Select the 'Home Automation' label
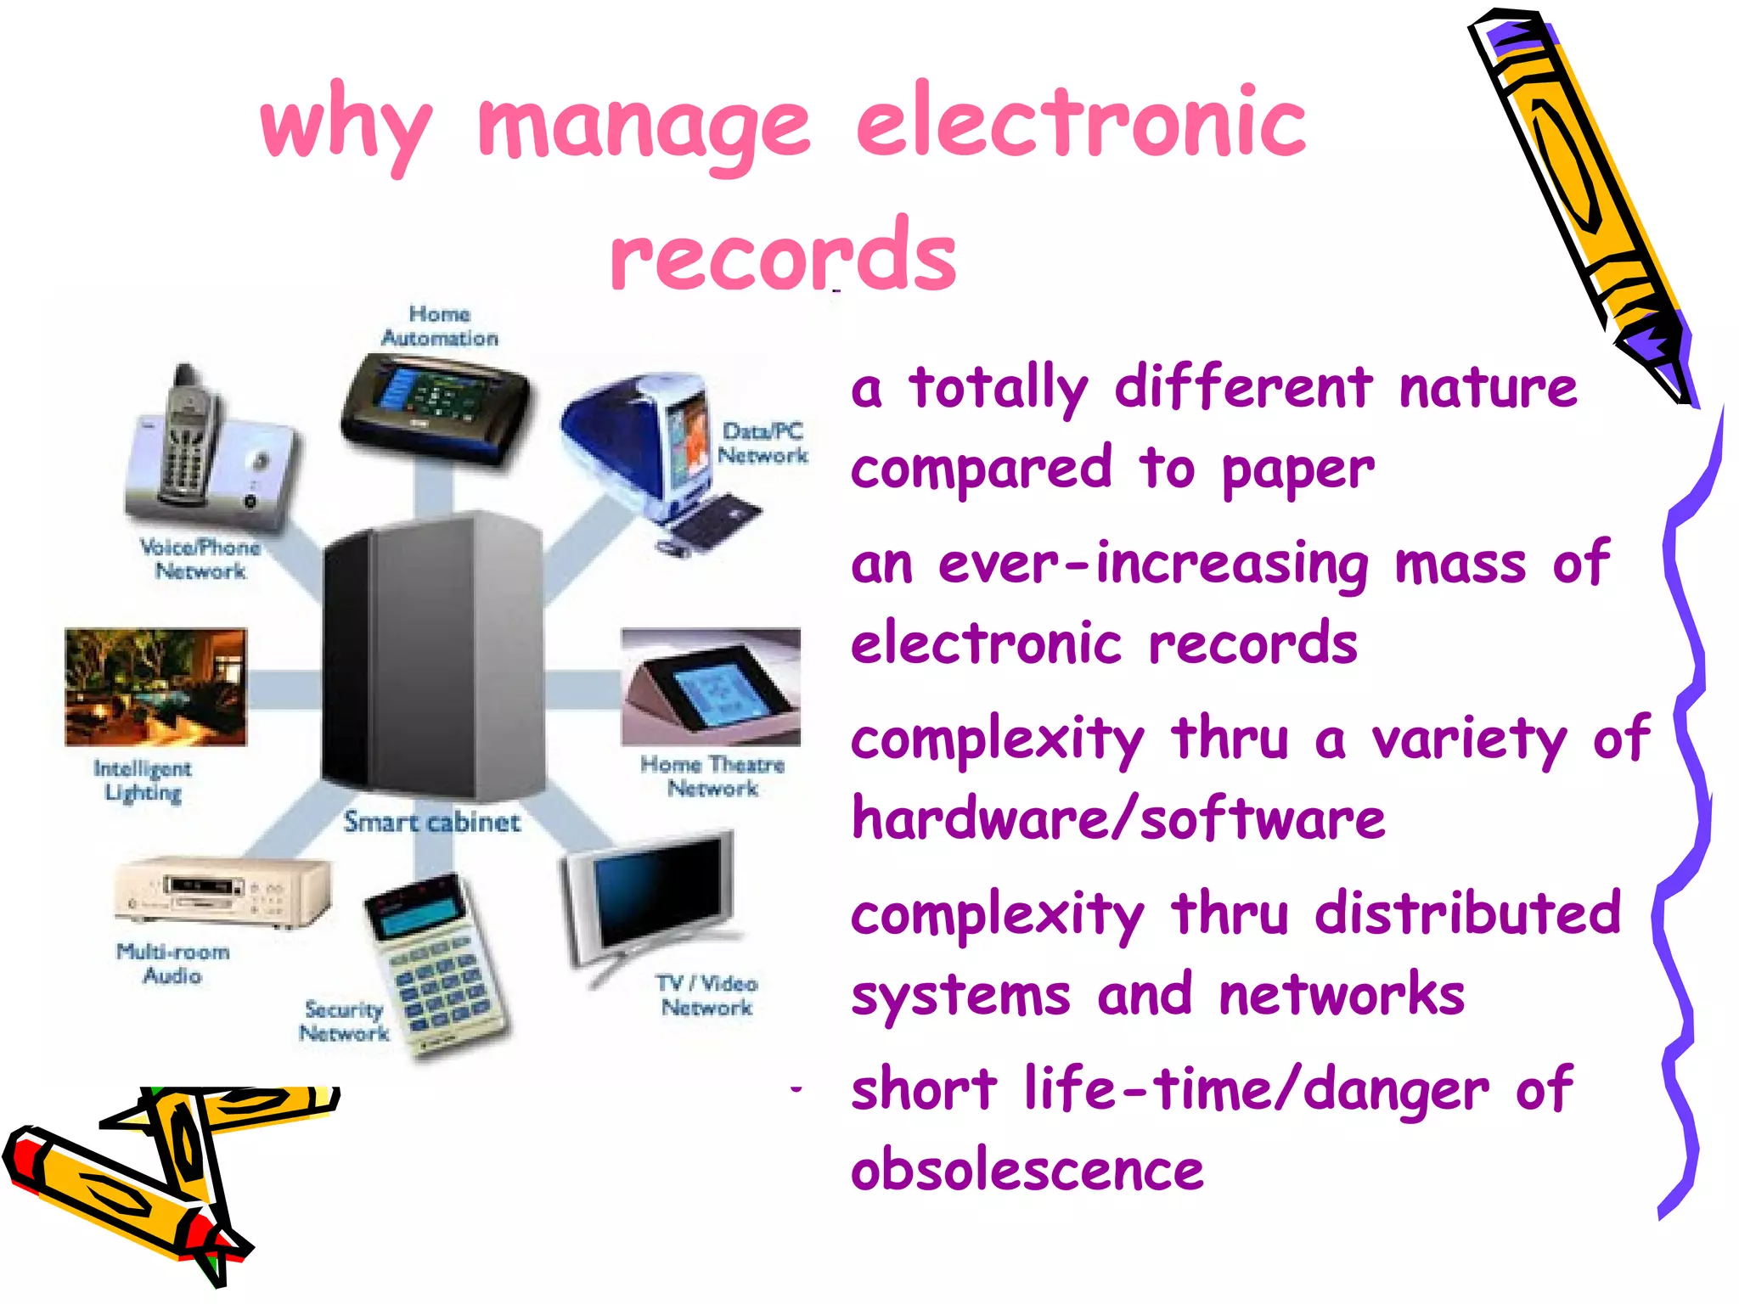439,326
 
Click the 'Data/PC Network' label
763,443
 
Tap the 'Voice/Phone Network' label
200,559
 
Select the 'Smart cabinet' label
431,822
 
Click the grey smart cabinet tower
433,658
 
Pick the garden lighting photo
156,687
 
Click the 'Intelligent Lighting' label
142,780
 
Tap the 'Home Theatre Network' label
712,776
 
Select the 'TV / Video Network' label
706,995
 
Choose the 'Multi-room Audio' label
172,964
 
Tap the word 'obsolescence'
1027,1170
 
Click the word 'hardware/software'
1118,819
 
